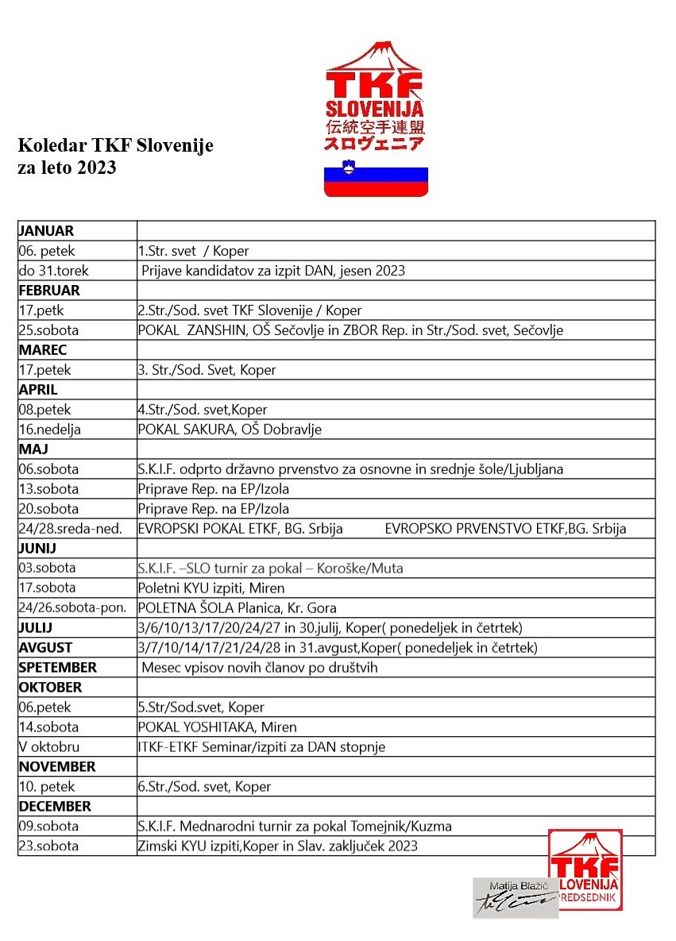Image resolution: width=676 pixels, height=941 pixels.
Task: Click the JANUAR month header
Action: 46,231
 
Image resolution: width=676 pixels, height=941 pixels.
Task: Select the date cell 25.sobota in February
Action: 49,330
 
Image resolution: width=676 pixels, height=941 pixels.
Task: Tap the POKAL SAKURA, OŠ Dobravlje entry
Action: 230,430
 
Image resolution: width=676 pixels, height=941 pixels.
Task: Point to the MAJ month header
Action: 33,449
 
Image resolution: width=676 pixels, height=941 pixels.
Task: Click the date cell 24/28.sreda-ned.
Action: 71,529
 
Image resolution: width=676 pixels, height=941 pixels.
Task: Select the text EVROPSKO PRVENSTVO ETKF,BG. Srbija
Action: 505,529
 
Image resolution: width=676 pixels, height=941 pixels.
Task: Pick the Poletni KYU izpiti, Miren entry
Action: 211,588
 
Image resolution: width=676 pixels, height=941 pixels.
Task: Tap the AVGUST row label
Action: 45,648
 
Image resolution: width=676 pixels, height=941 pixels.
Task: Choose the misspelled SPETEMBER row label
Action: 57,668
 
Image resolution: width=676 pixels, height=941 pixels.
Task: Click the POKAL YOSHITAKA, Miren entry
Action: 217,727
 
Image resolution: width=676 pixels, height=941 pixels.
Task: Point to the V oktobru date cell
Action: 49,747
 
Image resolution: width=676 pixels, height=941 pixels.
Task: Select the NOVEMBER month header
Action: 57,767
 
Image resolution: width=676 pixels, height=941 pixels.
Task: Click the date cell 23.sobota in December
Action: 49,847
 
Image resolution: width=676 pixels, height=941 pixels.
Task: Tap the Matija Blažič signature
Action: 515,898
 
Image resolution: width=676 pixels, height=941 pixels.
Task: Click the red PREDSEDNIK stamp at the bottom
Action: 585,870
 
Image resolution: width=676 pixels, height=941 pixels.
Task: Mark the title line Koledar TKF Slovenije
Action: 116,146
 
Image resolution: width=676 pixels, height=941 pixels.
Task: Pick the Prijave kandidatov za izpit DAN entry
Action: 273,271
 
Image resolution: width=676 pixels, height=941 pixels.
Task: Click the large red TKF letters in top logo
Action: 375,84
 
